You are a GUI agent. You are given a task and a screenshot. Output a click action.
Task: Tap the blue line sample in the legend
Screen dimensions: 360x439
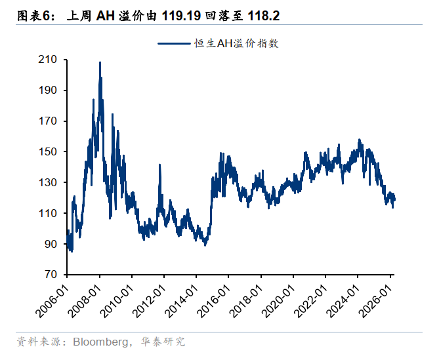[174, 44]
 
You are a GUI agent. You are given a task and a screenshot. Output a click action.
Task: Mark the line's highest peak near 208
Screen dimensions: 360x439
[100, 63]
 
